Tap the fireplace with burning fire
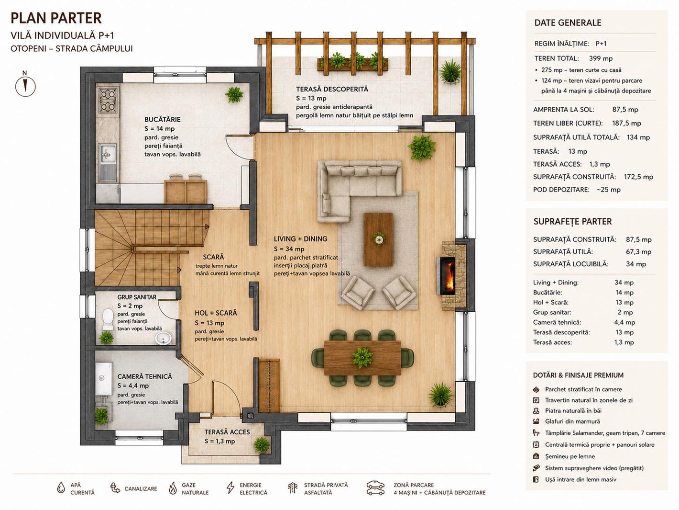click(x=447, y=276)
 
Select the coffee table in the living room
click(x=378, y=239)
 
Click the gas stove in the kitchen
click(x=108, y=101)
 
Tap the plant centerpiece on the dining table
click(x=362, y=357)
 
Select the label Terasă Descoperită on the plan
click(x=332, y=89)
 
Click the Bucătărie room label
click(x=163, y=119)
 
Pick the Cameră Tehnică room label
click(x=144, y=376)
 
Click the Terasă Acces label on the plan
click(x=227, y=432)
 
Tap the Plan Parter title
click(x=56, y=18)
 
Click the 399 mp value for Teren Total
click(x=601, y=58)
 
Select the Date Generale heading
click(x=568, y=23)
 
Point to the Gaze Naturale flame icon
click(x=173, y=488)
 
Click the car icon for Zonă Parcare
click(x=375, y=488)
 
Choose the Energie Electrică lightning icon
click(x=230, y=487)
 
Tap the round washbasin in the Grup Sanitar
click(x=163, y=338)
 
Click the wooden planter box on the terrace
click(x=352, y=64)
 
